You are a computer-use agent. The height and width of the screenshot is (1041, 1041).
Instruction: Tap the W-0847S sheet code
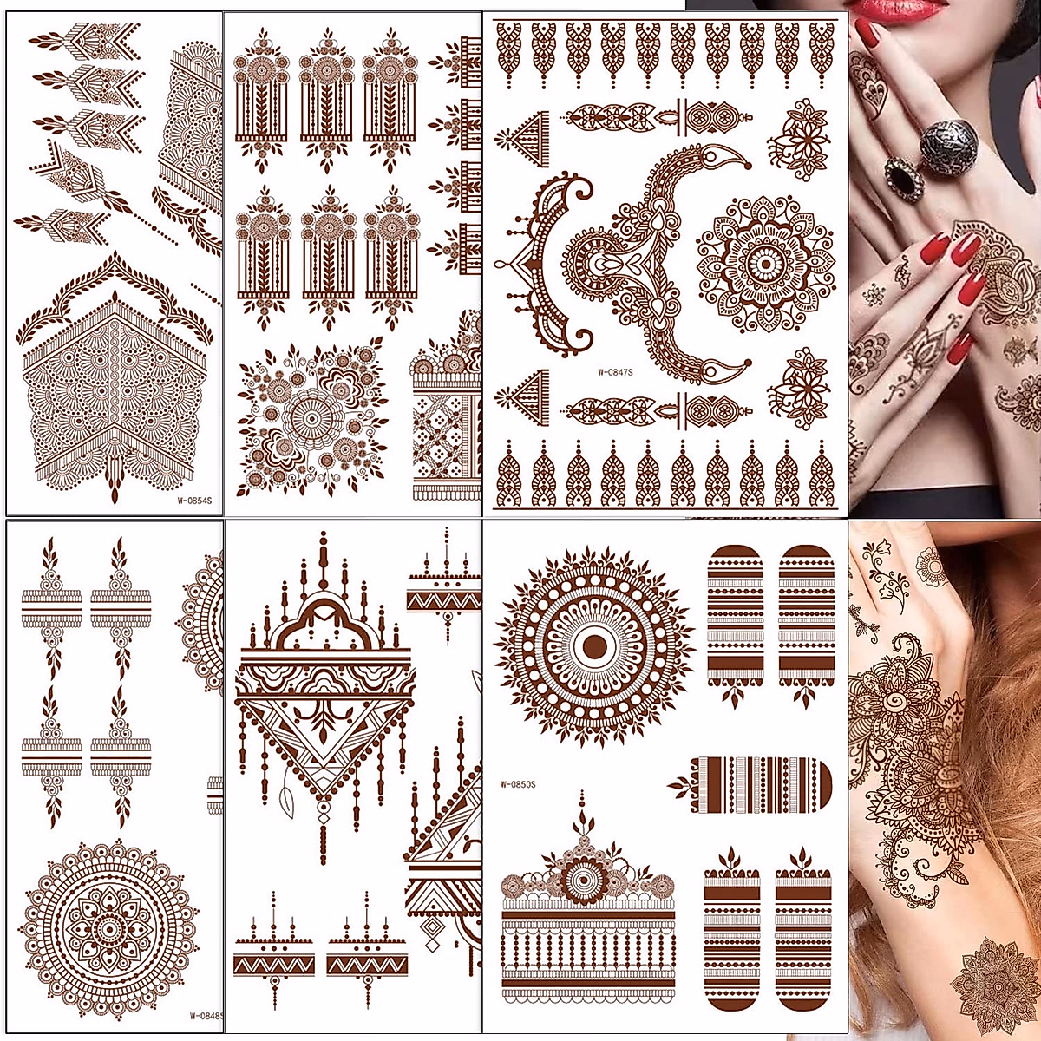tap(615, 373)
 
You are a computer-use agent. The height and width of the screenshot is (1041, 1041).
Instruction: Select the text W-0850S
tap(518, 784)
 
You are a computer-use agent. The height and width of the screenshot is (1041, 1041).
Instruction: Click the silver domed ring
tap(943, 143)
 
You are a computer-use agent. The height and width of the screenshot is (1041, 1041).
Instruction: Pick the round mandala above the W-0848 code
tap(109, 929)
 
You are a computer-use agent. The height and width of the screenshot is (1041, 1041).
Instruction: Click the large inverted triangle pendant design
tap(323, 694)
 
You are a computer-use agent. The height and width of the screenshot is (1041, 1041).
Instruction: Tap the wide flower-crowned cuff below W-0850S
tap(588, 920)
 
